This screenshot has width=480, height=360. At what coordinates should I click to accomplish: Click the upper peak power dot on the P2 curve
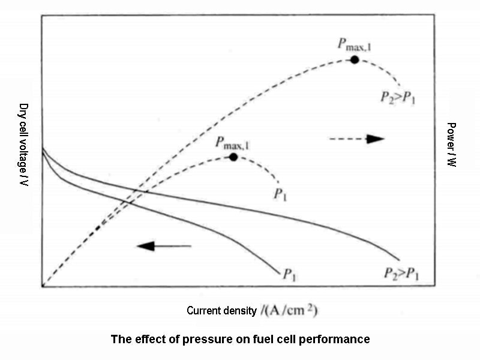355,59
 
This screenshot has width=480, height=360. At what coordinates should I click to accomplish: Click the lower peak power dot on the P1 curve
233,157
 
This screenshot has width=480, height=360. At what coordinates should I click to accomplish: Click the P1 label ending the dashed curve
280,193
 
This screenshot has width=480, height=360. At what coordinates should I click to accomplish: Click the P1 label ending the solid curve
289,275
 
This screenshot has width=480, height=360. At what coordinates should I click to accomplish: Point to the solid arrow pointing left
163,245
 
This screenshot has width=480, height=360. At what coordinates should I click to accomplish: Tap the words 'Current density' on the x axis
221,311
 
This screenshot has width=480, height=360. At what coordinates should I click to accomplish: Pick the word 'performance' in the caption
340,339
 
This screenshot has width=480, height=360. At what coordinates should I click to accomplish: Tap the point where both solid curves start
42,149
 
